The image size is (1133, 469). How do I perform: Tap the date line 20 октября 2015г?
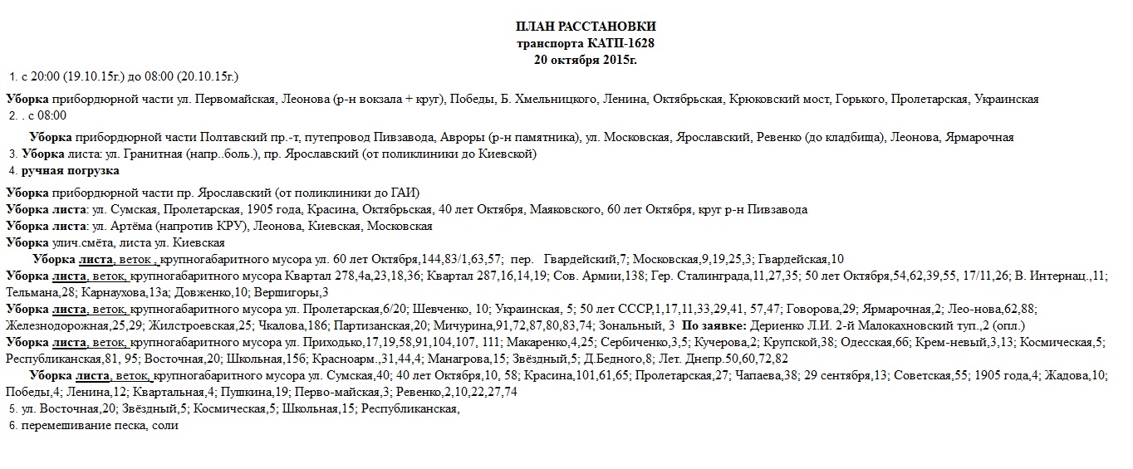point(586,59)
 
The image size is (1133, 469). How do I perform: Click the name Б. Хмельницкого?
point(550,99)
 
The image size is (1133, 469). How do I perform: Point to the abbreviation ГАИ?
point(405,193)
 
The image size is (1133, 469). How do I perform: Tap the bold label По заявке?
point(712,325)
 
